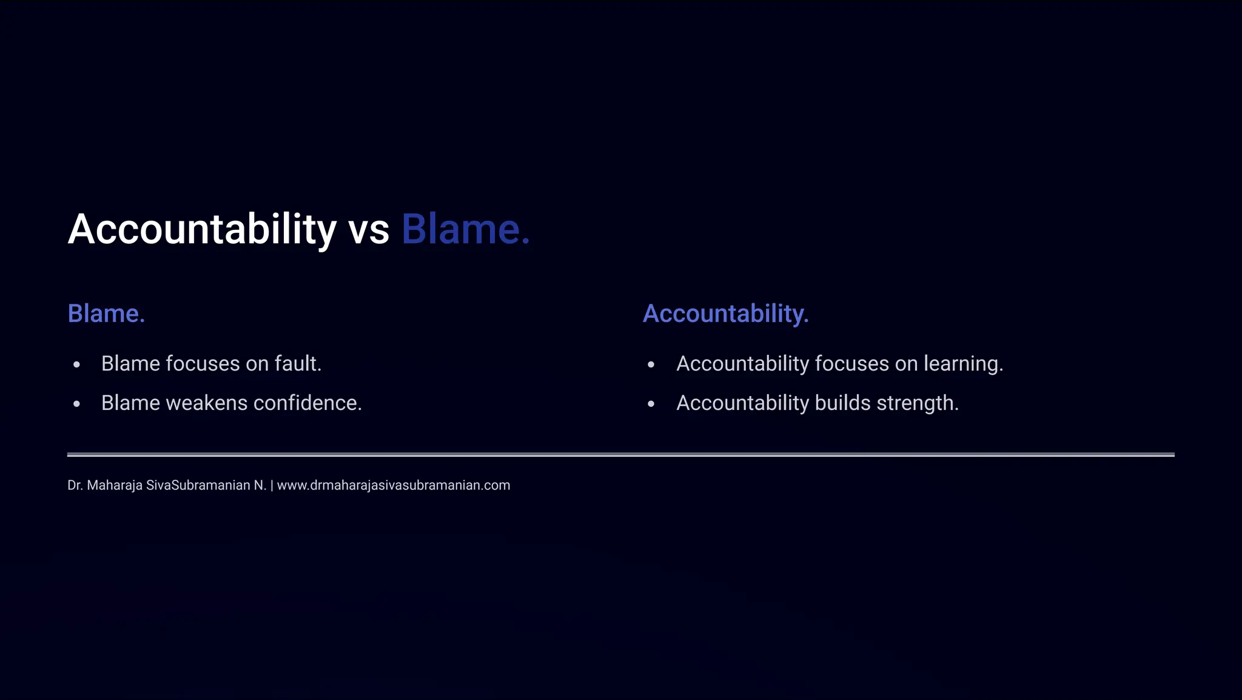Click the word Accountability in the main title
[x=202, y=229]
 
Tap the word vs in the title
[x=369, y=231]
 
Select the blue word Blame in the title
[x=465, y=229]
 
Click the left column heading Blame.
[x=106, y=314]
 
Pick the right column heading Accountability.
[x=725, y=314]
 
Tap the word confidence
[x=307, y=403]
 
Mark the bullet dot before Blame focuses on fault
[x=76, y=365]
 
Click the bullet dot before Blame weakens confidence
[x=76, y=404]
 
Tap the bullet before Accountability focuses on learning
[x=651, y=365]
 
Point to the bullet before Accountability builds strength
[x=651, y=404]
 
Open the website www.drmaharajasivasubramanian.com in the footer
[x=394, y=485]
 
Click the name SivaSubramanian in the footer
[x=198, y=485]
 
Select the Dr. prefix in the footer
[x=75, y=485]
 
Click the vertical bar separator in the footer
[x=272, y=485]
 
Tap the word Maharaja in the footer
[x=115, y=485]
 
